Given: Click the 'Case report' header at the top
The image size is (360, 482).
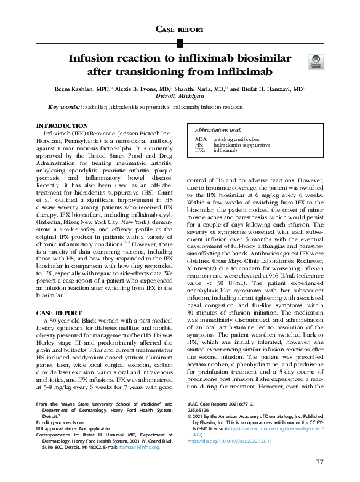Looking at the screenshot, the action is click(x=180, y=29).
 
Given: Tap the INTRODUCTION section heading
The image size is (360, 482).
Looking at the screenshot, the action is click(x=63, y=126).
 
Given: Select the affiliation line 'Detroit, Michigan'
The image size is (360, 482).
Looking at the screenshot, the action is click(x=179, y=97).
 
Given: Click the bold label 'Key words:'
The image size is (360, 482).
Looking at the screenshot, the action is click(x=63, y=107).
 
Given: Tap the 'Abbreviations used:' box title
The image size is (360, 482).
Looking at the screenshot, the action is click(x=217, y=131).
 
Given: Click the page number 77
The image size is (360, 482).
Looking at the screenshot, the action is click(x=319, y=462).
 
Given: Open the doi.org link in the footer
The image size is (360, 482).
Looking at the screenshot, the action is click(x=225, y=441).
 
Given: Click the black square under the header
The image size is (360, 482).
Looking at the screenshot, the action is click(x=180, y=42).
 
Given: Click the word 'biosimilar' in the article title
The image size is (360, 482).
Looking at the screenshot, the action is click(x=258, y=59).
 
